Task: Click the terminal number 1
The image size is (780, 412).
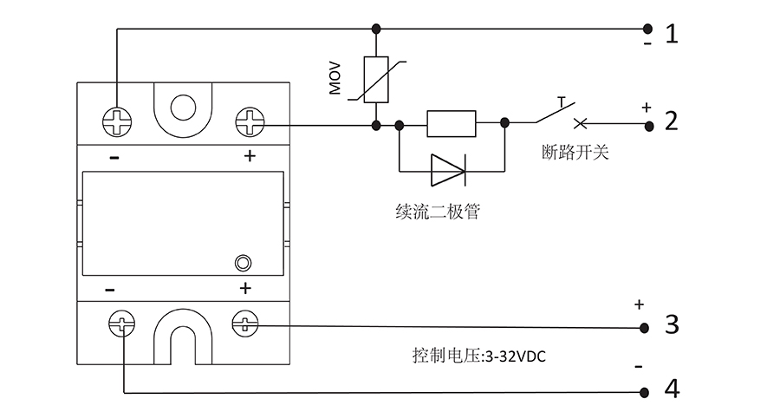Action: pyautogui.click(x=672, y=34)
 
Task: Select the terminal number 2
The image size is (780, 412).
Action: pyautogui.click(x=672, y=121)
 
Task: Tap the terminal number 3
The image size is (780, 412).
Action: pyautogui.click(x=672, y=325)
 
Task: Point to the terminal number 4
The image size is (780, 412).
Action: pyautogui.click(x=672, y=388)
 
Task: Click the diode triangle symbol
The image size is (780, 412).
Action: pyautogui.click(x=448, y=171)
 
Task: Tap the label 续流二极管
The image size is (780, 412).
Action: pyautogui.click(x=436, y=212)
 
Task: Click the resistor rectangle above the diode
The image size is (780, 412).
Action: pyautogui.click(x=451, y=124)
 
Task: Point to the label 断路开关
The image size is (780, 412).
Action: pyautogui.click(x=575, y=154)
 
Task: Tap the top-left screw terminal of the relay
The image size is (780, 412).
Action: pyautogui.click(x=117, y=121)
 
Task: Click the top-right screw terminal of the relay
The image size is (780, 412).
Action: pyautogui.click(x=250, y=121)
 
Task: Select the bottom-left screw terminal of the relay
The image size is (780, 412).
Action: pyautogui.click(x=121, y=325)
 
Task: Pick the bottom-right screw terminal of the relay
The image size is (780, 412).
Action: pyautogui.click(x=245, y=325)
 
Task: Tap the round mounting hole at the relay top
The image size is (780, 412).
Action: pyautogui.click(x=183, y=108)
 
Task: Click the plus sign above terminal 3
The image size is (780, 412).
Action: pyautogui.click(x=640, y=304)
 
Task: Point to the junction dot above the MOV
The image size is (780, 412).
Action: pyautogui.click(x=376, y=28)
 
